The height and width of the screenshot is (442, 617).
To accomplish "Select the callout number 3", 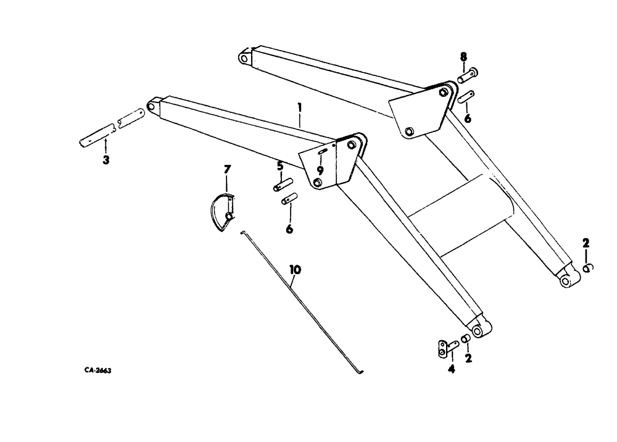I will click(x=106, y=161).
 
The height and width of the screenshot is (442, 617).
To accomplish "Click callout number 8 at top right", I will click(x=463, y=57).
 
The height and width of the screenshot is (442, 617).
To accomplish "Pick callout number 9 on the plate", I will click(x=320, y=170).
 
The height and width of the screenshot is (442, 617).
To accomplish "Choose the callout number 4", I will click(x=451, y=370).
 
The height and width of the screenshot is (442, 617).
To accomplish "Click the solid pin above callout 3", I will click(x=97, y=135).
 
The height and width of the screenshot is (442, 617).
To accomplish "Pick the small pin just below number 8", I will click(x=466, y=98).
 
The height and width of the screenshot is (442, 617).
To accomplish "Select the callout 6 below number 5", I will click(x=289, y=229).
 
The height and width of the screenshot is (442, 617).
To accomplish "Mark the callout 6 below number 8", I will click(x=468, y=117).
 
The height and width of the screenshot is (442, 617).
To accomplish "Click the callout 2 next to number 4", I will click(x=468, y=357).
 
